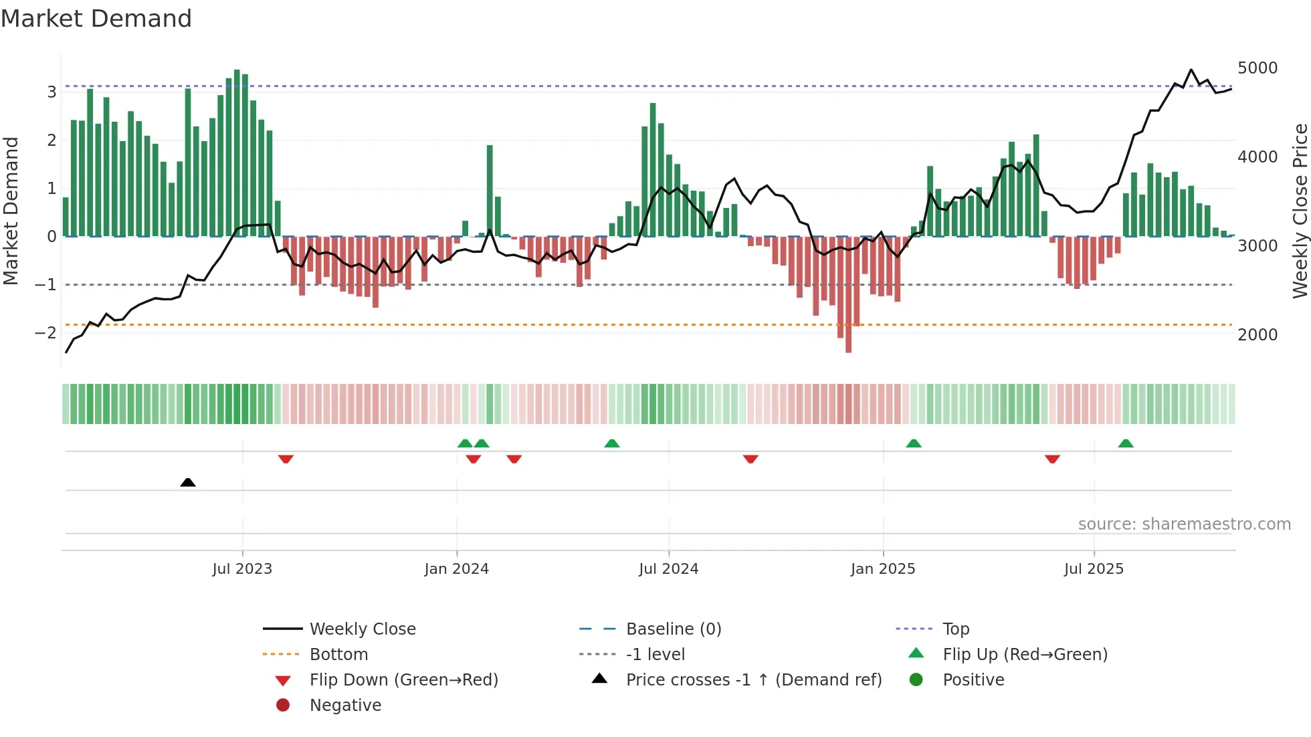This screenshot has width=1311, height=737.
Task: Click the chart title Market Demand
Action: [96, 19]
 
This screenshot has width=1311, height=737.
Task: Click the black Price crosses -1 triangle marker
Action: [188, 482]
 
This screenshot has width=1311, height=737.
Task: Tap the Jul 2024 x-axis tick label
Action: [668, 569]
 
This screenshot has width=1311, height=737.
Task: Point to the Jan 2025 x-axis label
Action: [882, 569]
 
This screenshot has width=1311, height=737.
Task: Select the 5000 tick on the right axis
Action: [1257, 68]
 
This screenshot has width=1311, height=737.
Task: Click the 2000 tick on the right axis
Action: [1257, 335]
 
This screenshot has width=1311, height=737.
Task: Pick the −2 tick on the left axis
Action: [45, 333]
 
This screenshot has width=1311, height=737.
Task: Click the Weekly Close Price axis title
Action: [1300, 211]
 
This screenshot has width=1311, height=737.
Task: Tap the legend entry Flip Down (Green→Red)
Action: [403, 680]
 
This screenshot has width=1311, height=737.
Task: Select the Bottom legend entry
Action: [338, 655]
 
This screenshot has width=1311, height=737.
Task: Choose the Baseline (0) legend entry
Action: [673, 629]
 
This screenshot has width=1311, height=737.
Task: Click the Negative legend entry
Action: [345, 706]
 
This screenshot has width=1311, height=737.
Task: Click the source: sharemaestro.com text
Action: [1184, 524]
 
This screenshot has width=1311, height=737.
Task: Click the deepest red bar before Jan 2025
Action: [848, 294]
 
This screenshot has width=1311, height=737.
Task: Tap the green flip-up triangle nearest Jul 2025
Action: [1126, 443]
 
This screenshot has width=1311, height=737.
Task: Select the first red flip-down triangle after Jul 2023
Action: [286, 459]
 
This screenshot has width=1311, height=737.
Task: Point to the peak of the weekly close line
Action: [1191, 70]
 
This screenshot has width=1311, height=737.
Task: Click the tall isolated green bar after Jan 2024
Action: [490, 191]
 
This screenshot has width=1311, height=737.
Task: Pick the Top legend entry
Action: [955, 629]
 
